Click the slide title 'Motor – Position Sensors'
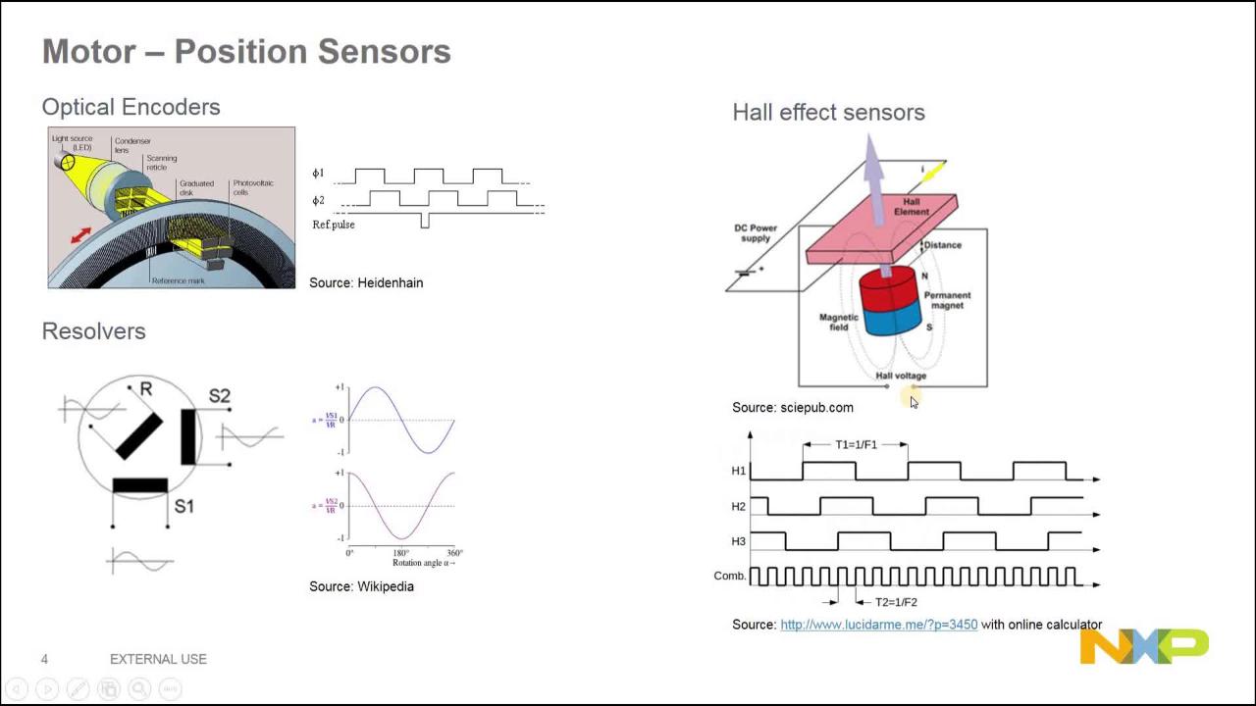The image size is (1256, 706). pos(246,52)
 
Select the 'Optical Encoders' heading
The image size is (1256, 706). pos(131,107)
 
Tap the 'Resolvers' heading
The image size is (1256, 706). pos(93,331)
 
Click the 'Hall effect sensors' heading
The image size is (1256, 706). pos(828,113)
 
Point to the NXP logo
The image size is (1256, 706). pos(1144,646)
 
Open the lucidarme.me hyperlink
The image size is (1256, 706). pos(878,625)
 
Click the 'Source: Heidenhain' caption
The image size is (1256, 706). pos(366,282)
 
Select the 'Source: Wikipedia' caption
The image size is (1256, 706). pos(361,586)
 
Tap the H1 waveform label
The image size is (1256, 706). pos(739,471)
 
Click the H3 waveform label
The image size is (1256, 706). pos(739,541)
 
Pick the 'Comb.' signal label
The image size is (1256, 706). pos(730,576)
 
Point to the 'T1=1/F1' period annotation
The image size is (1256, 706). pos(856,444)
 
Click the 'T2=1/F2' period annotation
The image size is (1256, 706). pos(896,602)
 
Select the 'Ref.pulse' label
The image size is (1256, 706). pos(334,225)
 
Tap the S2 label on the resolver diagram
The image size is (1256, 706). pos(219,396)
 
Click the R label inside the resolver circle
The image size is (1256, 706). pos(146,389)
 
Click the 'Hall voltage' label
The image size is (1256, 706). pos(901,376)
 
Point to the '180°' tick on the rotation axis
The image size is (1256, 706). pos(401,553)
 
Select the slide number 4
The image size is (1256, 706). pos(44,659)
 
